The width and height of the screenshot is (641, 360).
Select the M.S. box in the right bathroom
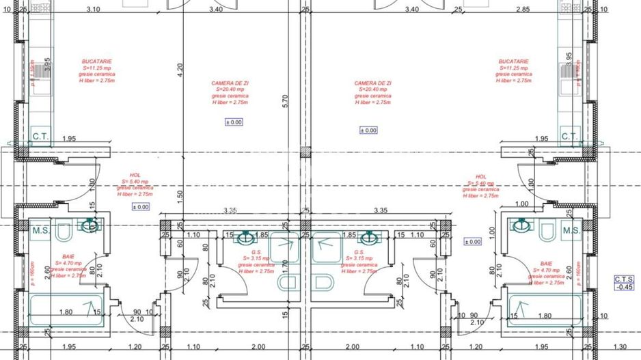[571, 231]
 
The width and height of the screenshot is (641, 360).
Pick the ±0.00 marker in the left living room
[234, 122]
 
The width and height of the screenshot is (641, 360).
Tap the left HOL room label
[135, 184]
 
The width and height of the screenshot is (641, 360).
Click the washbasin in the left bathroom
[89, 225]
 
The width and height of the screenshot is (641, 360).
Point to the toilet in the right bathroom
[546, 233]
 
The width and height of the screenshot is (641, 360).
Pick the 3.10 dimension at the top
[94, 10]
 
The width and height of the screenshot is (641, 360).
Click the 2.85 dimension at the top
[523, 10]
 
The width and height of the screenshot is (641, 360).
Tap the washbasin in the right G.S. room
[370, 238]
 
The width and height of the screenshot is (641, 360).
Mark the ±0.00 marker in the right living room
[368, 130]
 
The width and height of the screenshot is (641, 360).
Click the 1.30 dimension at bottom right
[619, 347]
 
